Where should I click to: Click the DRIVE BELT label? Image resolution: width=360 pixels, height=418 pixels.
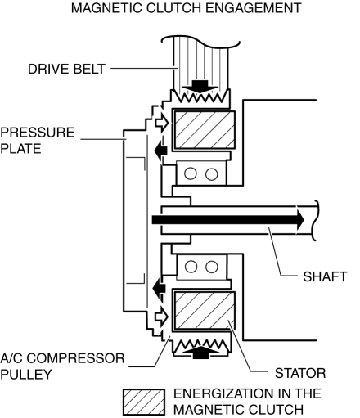[x=66, y=69]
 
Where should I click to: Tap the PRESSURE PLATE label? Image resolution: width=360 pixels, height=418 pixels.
[x=38, y=141]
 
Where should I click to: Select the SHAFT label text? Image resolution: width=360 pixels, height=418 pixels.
[x=325, y=276]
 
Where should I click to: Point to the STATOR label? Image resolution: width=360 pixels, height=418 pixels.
[x=300, y=373]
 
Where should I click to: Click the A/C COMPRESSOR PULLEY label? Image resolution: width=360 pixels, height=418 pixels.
[x=62, y=366]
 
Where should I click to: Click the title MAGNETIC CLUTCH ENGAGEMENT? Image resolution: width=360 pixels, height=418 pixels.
[x=187, y=8]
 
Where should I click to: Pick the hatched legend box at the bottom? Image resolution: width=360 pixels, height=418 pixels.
[x=144, y=402]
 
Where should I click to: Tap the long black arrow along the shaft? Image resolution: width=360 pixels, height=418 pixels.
[x=228, y=220]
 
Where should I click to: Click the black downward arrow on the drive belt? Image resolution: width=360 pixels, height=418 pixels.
[x=200, y=87]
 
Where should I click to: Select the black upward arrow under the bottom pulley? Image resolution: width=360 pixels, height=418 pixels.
[x=200, y=353]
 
